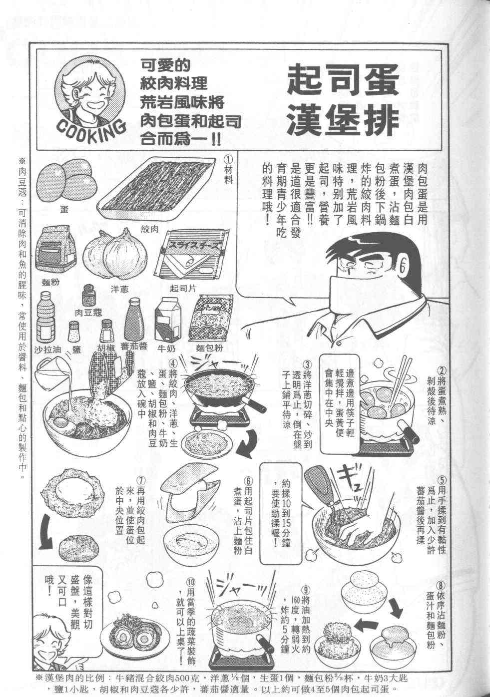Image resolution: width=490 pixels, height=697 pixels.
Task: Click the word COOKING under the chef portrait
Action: point(91,130)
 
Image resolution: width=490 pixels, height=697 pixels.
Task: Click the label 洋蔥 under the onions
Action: point(120,289)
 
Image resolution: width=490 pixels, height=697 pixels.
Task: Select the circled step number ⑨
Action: point(306,590)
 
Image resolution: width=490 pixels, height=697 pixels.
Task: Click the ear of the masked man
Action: point(405,265)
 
